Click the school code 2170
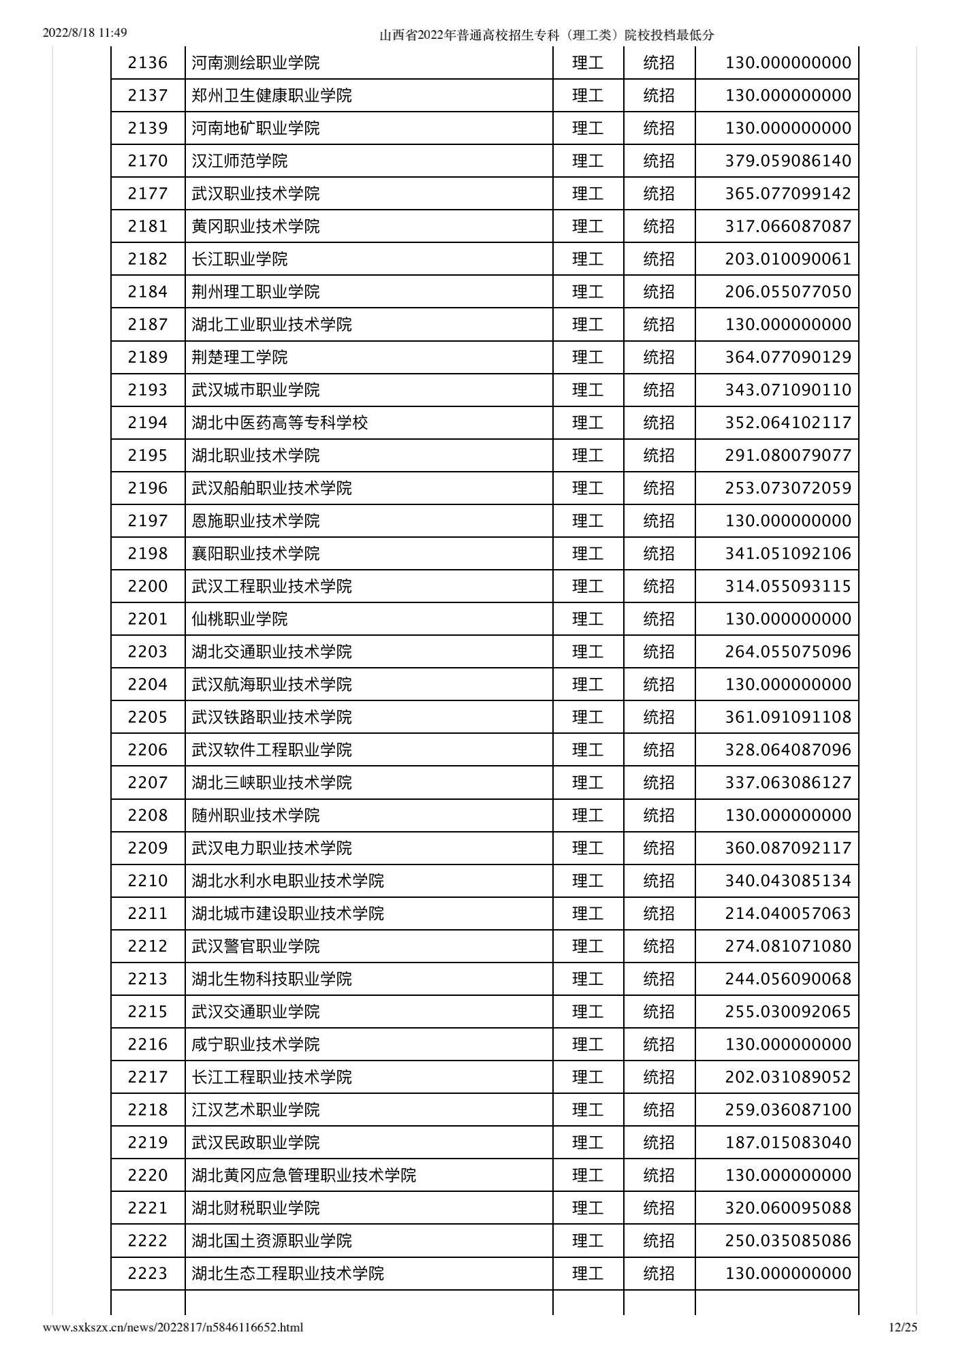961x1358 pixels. coord(147,161)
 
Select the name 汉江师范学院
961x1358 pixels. coord(239,161)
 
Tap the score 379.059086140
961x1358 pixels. coord(787,161)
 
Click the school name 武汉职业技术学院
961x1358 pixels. coord(255,193)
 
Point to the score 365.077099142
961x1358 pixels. coord(787,193)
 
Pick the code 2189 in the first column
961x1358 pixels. coord(147,357)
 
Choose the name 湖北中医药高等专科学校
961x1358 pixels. coord(279,423)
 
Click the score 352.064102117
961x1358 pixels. coord(787,423)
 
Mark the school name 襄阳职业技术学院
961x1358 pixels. coord(255,553)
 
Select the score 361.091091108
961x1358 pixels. coord(787,717)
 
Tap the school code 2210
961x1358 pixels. coord(147,881)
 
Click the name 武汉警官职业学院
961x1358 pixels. coord(255,946)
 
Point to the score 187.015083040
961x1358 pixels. coord(787,1142)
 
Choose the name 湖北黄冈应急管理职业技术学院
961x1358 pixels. coord(304,1175)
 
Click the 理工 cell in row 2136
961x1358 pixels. coord(588,63)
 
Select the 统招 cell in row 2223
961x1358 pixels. coord(659,1273)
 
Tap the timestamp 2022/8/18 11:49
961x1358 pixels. coord(85,33)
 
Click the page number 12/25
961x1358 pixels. coord(903,1327)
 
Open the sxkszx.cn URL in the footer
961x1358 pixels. coord(173,1327)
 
